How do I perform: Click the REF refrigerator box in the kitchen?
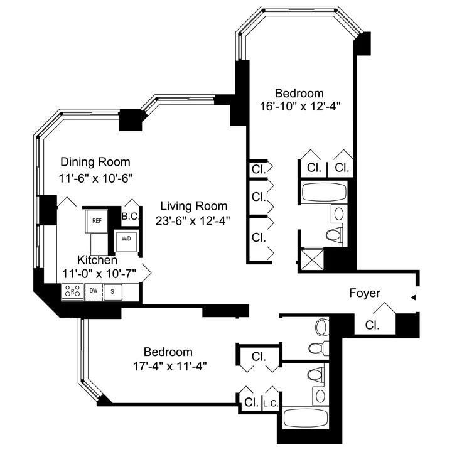tap(96, 220)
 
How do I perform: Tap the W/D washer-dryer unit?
tap(126, 239)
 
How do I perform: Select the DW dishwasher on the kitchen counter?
tap(93, 291)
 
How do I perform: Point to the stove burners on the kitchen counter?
tap(72, 291)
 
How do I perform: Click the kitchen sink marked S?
tap(113, 291)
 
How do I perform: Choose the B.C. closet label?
tap(130, 217)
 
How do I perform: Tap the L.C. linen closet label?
tap(271, 402)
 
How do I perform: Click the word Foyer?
tap(365, 293)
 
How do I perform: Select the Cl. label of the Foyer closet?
tap(373, 326)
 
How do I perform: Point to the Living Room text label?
tap(193, 205)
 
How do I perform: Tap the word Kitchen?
tap(97, 259)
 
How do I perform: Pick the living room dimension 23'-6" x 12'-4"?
tap(193, 220)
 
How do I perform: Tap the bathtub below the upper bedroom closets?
tap(324, 192)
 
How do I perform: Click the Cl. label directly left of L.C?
tap(250, 402)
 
